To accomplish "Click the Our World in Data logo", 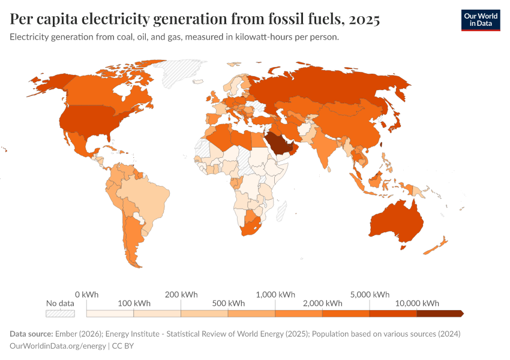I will point(480,20).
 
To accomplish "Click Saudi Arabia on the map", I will point(278,142).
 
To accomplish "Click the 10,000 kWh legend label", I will point(418,303).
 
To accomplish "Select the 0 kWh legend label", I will point(86,294).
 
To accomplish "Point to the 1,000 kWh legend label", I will point(275,294).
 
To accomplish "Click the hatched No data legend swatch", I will point(60,313).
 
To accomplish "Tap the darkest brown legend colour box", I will point(439,313).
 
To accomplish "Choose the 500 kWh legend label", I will point(228,303).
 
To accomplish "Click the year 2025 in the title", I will point(362,19).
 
